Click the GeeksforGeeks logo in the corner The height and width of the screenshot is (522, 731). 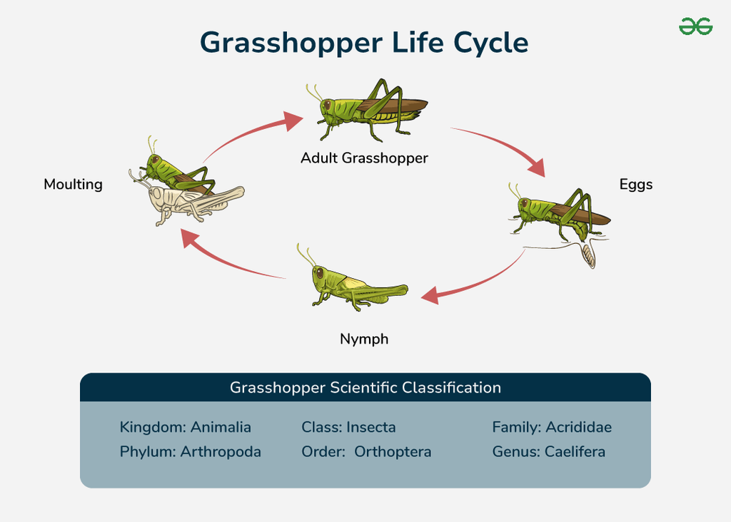(695, 26)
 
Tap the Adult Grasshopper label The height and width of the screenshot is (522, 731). (364, 158)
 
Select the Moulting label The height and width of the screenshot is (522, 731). (73, 185)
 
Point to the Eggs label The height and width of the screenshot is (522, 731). (635, 185)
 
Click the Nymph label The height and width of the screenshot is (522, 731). (364, 339)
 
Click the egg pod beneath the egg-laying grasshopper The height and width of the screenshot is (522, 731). (588, 255)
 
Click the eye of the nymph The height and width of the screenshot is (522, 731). (318, 272)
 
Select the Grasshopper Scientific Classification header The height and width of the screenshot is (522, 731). (365, 388)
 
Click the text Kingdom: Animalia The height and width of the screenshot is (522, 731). (186, 428)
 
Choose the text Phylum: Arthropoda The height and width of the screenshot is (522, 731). (191, 452)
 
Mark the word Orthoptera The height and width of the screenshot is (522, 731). (393, 452)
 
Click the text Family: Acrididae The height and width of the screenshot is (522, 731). (552, 428)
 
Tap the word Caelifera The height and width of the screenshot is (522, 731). (575, 452)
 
